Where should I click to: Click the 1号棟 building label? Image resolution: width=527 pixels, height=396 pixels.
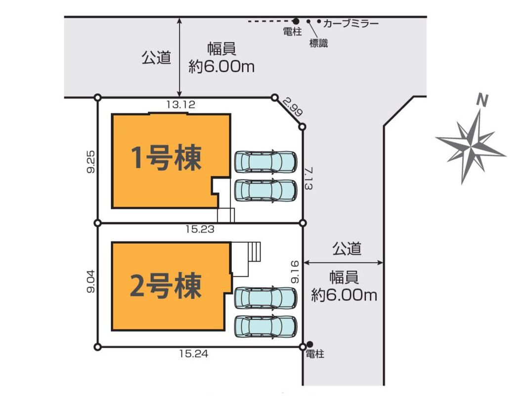(166, 157)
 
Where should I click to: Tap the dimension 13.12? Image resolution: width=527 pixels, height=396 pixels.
(181, 104)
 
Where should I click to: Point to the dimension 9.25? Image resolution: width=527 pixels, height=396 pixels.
(91, 161)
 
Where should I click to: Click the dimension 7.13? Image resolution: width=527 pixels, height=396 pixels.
(308, 178)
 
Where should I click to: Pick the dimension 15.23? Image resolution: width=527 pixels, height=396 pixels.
(200, 229)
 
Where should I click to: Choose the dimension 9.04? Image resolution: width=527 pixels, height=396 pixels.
(91, 281)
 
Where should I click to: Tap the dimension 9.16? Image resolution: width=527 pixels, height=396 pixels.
(295, 272)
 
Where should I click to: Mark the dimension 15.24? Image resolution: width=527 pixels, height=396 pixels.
(194, 353)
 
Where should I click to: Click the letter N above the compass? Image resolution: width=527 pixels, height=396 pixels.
(483, 100)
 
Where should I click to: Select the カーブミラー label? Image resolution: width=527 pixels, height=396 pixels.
(351, 23)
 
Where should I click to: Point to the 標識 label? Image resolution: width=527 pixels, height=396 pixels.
(318, 44)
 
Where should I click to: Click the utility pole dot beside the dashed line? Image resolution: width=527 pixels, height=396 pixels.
(296, 21)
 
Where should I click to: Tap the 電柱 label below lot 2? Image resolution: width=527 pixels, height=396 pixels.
(315, 354)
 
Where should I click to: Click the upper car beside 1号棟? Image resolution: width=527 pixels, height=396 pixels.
(266, 161)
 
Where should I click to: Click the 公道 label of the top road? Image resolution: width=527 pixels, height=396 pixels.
(156, 57)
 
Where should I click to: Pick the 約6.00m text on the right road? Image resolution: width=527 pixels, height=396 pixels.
(344, 295)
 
